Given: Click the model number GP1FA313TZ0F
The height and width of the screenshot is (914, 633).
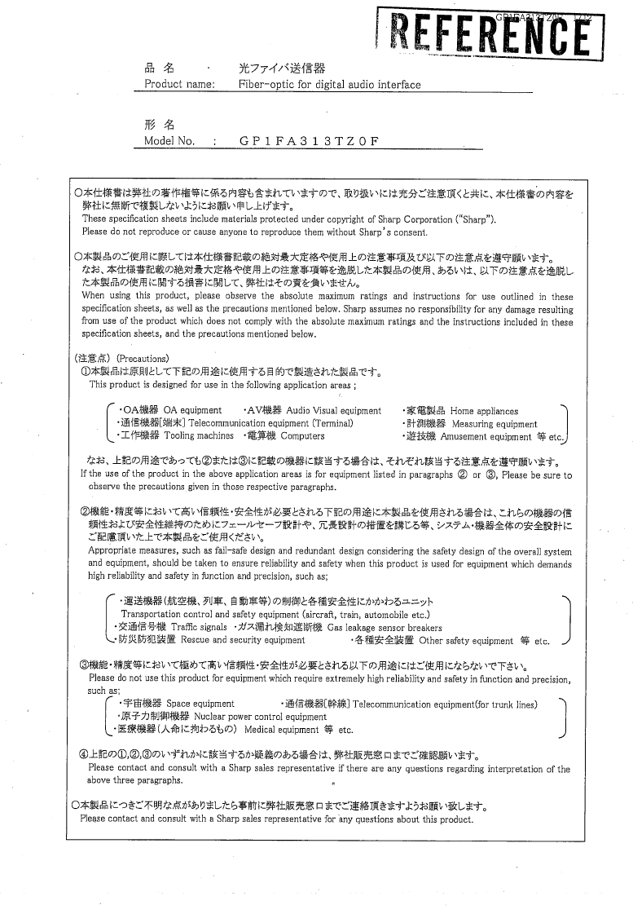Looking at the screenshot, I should tap(310, 140).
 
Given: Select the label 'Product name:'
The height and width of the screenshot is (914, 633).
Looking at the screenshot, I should tap(179, 84).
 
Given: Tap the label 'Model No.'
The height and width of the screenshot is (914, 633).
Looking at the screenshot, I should tap(169, 140).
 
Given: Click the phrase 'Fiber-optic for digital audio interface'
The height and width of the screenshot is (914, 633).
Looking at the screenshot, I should tap(329, 84).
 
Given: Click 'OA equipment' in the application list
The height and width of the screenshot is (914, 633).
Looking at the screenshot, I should tap(192, 410).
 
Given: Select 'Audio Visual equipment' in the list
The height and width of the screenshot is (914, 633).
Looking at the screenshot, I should tap(333, 411).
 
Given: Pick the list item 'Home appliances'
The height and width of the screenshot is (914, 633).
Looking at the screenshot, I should tap(484, 411).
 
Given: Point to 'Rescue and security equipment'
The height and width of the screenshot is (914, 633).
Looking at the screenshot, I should tap(231, 641).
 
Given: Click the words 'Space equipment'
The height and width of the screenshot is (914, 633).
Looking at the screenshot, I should tap(200, 703).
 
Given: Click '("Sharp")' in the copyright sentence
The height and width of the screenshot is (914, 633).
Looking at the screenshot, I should tap(474, 219).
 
